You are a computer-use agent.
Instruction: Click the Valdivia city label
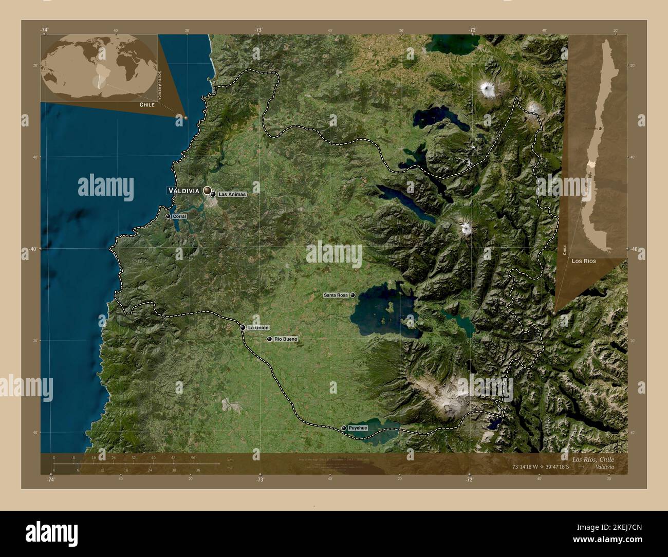point(183,191)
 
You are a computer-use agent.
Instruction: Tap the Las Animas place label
point(232,195)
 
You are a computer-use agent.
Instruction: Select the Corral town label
point(179,217)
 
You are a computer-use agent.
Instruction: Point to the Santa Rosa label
point(336,295)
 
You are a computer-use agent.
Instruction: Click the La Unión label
point(258,327)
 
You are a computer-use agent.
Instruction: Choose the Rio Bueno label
point(286,339)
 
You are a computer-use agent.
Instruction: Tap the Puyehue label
point(358,428)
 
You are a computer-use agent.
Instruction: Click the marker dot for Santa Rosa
point(353,295)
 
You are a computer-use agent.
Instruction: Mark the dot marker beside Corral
point(168,217)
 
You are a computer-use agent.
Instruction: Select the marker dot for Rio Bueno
point(269,339)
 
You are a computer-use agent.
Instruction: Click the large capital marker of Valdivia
point(208,191)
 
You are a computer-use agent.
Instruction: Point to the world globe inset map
point(99,68)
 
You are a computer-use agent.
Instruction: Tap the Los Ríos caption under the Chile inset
point(583,262)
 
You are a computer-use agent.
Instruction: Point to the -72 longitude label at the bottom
point(469,479)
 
